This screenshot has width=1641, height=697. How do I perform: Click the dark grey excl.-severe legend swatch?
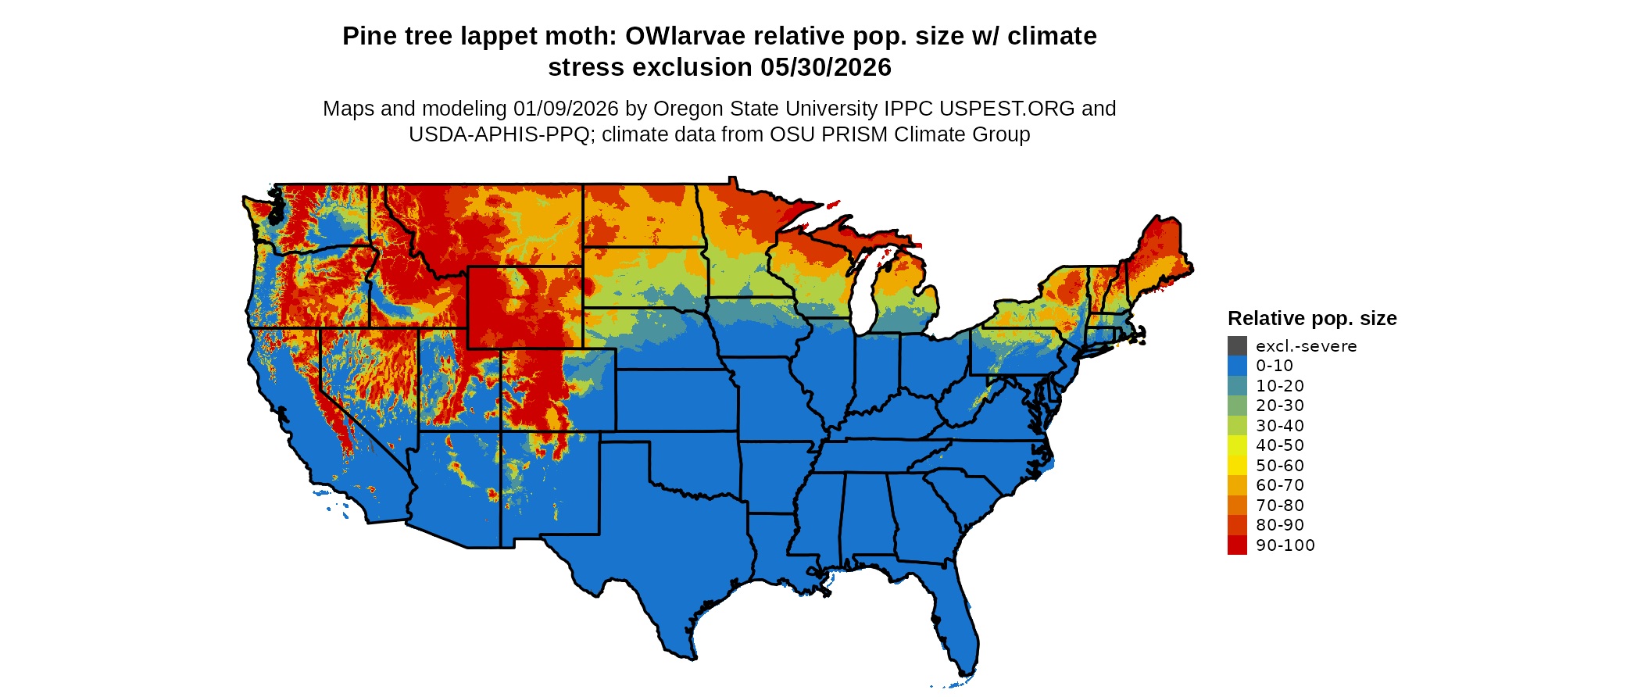click(1237, 346)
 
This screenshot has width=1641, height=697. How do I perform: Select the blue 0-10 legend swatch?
click(1237, 366)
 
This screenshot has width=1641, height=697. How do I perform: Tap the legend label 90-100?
click(1285, 545)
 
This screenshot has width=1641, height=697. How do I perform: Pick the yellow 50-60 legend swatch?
click(1237, 466)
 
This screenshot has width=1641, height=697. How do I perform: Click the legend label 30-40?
click(1280, 426)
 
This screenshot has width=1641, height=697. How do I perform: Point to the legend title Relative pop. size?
click(1312, 319)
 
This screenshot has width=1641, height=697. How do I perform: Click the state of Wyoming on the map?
click(524, 308)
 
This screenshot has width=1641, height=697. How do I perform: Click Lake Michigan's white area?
click(862, 305)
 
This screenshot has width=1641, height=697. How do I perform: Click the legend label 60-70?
click(1280, 485)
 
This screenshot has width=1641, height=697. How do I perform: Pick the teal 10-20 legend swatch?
click(1237, 386)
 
